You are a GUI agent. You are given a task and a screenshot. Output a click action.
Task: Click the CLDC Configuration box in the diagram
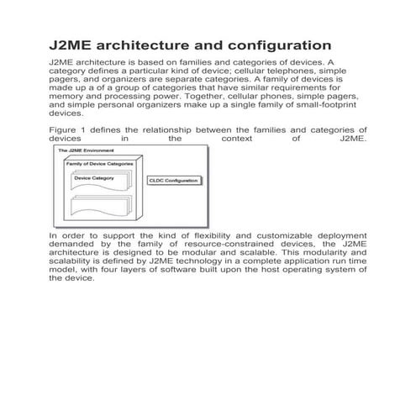[x=174, y=181]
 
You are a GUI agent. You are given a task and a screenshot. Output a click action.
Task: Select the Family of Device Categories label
[x=99, y=162]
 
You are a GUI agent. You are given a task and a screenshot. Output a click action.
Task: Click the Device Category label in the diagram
[x=94, y=178]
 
